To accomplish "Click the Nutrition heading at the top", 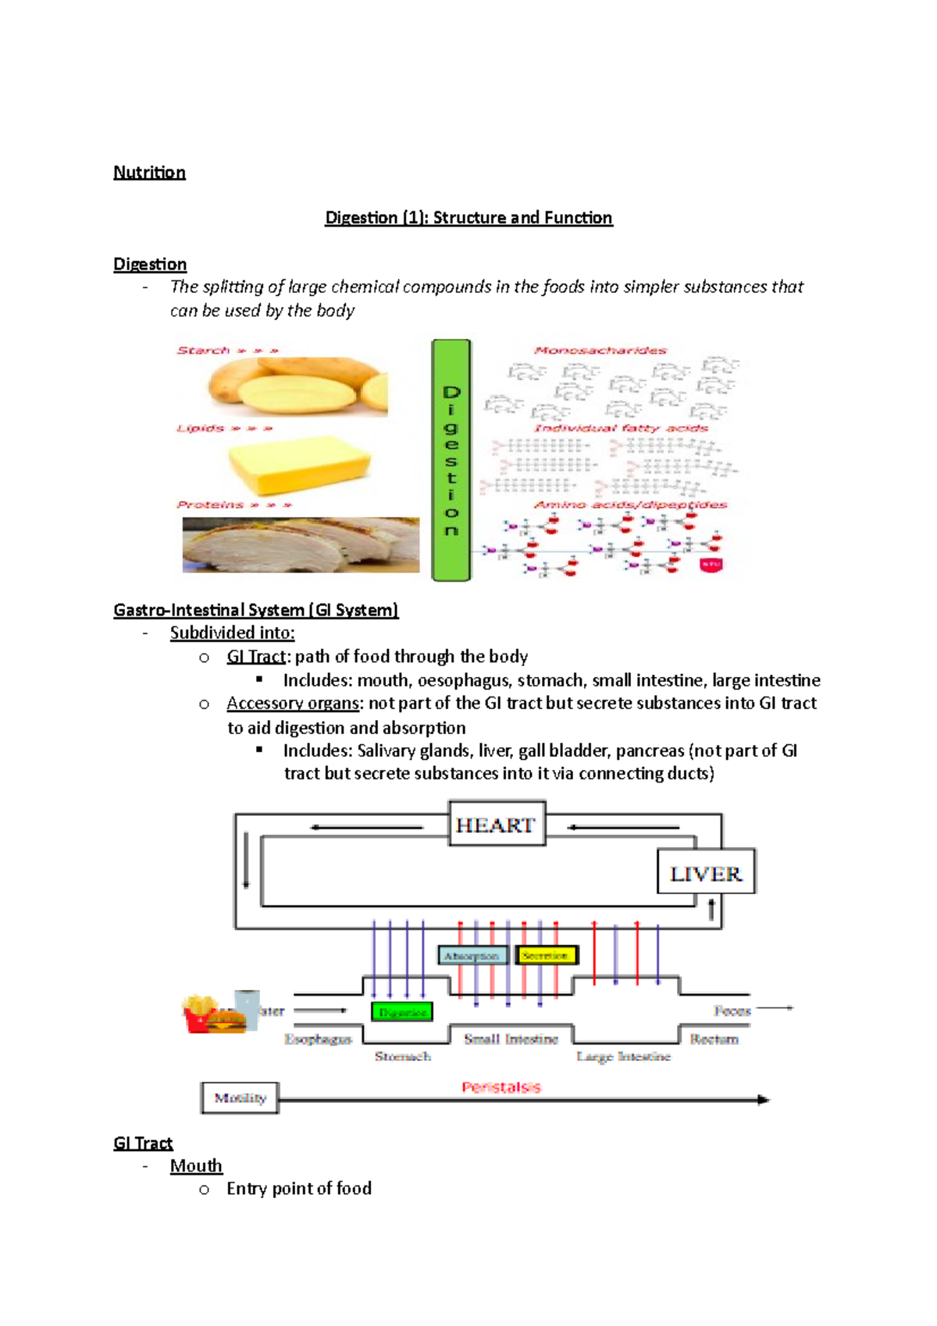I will click(x=149, y=172).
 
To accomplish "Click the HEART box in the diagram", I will click(x=497, y=825).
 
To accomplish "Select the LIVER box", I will click(x=706, y=872).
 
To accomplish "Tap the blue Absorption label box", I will click(x=472, y=955).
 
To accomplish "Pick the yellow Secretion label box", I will click(x=546, y=955).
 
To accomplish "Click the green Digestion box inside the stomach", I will click(x=402, y=1012).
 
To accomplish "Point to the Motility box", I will click(x=240, y=1097).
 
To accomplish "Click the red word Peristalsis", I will click(x=501, y=1086).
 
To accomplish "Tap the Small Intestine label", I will click(x=511, y=1039).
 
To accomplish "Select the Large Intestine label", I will click(x=623, y=1056).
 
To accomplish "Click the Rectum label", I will click(x=714, y=1039).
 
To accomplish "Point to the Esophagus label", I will click(x=318, y=1039).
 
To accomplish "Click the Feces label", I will click(x=732, y=1011).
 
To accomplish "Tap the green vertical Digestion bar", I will click(x=451, y=460).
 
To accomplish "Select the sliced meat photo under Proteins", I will click(x=301, y=544).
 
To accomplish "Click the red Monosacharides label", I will click(x=600, y=350).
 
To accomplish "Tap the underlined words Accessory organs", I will click(x=293, y=703).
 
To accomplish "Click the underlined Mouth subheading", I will click(x=196, y=1165).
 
